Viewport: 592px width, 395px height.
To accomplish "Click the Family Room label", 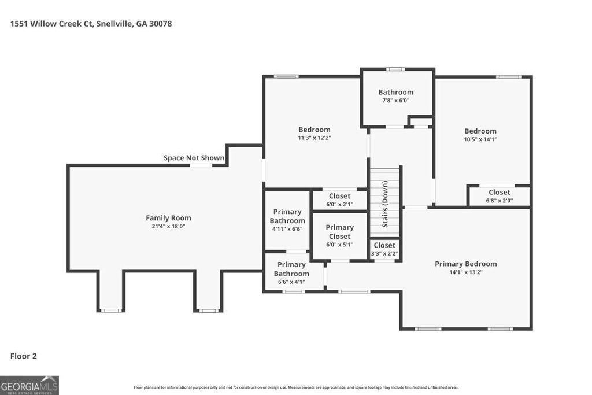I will (x=168, y=218).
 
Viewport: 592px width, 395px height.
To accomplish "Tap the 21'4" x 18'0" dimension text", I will (x=168, y=226).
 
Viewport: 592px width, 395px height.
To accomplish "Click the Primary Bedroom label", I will (x=465, y=264).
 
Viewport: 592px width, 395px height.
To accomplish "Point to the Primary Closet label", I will (x=339, y=231).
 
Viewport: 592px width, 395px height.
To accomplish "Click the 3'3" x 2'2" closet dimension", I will (x=384, y=253).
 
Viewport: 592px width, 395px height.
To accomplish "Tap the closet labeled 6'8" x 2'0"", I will (x=499, y=196).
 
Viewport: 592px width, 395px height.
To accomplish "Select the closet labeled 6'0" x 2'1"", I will (x=339, y=200).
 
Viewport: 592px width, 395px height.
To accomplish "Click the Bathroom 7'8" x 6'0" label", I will (x=396, y=95).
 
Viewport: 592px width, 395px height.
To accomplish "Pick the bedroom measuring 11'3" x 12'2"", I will (x=314, y=133).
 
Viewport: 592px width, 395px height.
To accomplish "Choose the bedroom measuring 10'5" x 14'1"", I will (x=480, y=134).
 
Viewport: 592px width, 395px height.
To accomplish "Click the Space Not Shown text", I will (x=194, y=158).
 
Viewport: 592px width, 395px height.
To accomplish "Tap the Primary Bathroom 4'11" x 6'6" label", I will (x=287, y=220).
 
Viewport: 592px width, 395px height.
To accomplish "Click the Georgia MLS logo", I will (x=29, y=385).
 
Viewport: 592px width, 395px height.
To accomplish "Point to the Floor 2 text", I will (x=24, y=356).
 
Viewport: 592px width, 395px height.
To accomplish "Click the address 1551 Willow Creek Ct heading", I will (x=91, y=24).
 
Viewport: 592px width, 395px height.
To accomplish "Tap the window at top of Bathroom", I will (x=395, y=69).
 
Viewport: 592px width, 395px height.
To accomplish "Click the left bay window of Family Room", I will (x=110, y=311).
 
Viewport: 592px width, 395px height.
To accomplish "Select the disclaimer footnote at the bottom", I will (x=296, y=387).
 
